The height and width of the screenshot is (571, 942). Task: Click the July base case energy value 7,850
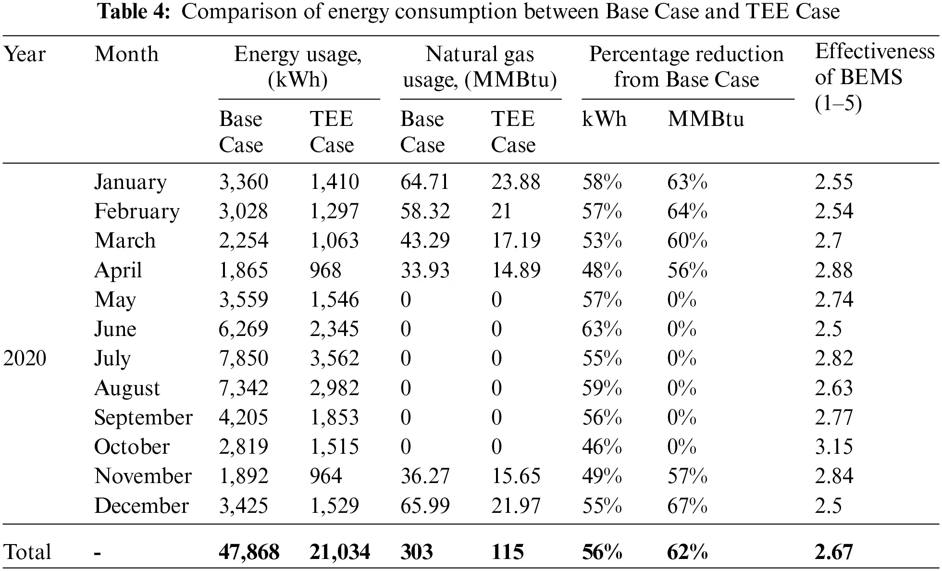tap(243, 359)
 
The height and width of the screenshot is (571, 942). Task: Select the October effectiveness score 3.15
tap(833, 447)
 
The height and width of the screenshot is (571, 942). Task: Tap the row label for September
tap(143, 417)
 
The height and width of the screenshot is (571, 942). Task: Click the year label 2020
tap(25, 359)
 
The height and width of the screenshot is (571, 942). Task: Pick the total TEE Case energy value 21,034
tap(339, 552)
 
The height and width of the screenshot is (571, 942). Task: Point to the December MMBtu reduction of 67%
tap(687, 506)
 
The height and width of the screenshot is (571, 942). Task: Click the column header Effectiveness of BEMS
tap(874, 77)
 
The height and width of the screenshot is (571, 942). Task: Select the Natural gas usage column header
tap(480, 67)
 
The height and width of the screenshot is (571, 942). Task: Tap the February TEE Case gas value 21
tap(501, 211)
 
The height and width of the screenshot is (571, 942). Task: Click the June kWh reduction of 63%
tap(602, 329)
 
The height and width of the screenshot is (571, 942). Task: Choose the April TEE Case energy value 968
tap(325, 270)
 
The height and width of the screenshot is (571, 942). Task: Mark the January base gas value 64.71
tap(424, 182)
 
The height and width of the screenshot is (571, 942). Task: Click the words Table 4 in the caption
tap(134, 12)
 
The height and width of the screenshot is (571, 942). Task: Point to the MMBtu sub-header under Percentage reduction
tap(705, 119)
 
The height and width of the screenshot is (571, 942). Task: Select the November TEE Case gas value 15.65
tap(515, 476)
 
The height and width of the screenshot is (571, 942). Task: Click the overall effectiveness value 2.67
tap(833, 552)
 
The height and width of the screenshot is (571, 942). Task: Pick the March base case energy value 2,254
tap(243, 240)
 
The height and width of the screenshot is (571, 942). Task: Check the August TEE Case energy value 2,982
tap(334, 388)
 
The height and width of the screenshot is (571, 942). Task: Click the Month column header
tap(126, 54)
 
